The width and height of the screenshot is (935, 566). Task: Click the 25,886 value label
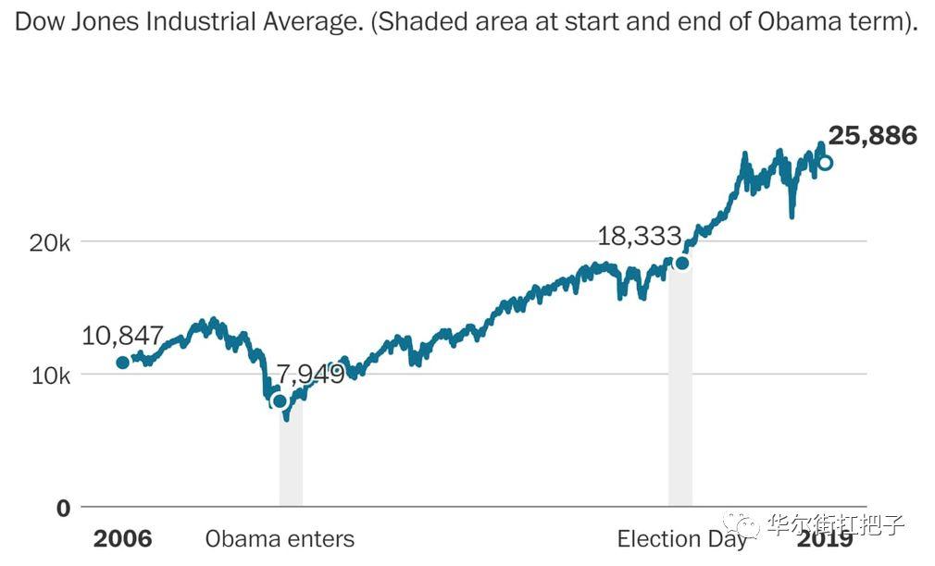[872, 137]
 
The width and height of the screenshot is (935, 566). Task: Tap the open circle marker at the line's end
[825, 163]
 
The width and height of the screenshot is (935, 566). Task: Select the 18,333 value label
[639, 236]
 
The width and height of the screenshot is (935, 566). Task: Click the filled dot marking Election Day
[682, 263]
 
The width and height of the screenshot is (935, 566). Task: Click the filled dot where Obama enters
[280, 400]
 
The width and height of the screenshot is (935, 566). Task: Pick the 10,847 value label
[122, 336]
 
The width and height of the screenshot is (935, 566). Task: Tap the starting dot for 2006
[122, 362]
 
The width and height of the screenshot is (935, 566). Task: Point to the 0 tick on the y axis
[63, 508]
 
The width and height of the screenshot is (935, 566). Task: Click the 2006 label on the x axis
[122, 538]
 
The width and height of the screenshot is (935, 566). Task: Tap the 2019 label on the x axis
[826, 538]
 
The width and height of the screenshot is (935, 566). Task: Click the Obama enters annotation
[280, 538]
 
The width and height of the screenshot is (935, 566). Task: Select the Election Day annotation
[682, 538]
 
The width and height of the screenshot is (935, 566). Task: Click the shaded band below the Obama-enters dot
[291, 462]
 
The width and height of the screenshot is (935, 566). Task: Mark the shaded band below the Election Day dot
[680, 388]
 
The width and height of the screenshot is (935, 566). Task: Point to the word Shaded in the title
[425, 23]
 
